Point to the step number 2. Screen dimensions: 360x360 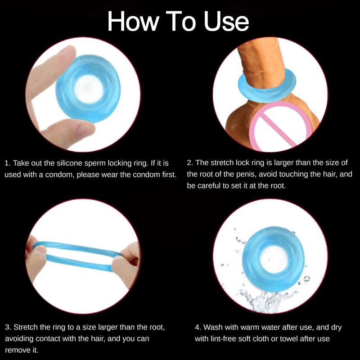[189, 163]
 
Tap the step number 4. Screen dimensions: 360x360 [198, 327]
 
